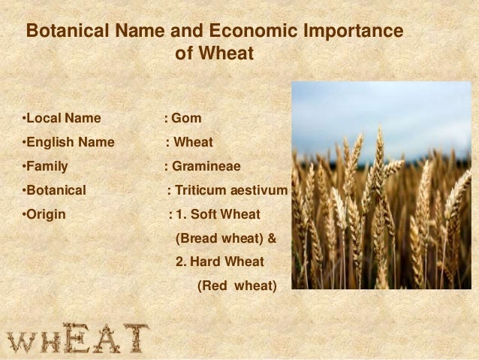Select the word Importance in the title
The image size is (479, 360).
coord(354,33)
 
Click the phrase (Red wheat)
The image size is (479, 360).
coord(236,286)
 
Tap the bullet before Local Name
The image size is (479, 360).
coord(24,119)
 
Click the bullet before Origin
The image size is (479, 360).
coord(24,215)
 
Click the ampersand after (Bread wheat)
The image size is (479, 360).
coord(272,239)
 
